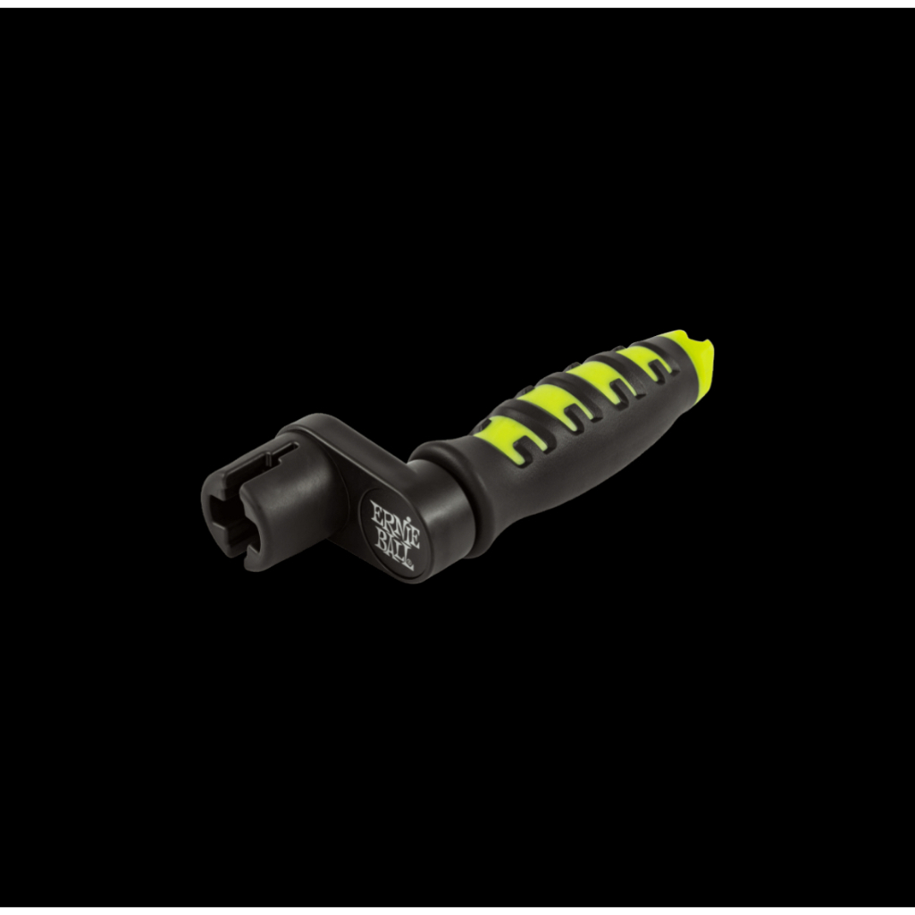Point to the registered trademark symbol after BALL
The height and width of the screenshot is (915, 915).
click(410, 565)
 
